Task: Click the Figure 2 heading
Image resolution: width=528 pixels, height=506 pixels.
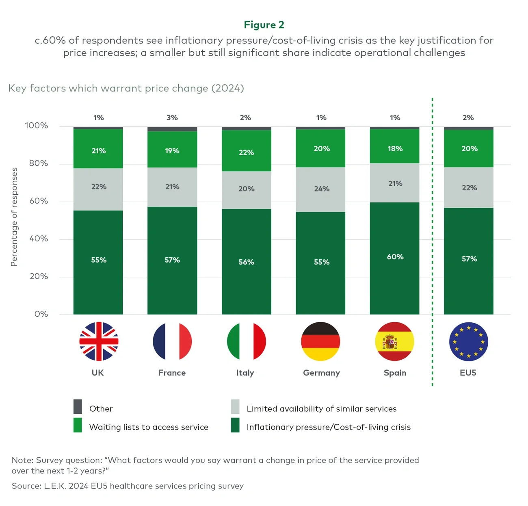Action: tap(264, 25)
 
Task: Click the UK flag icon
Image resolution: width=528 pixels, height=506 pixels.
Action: tap(99, 341)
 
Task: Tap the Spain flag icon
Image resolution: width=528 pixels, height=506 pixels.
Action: tap(394, 341)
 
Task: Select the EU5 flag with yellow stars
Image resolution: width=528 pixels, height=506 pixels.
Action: tap(468, 341)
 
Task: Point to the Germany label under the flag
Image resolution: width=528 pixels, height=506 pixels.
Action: tap(321, 373)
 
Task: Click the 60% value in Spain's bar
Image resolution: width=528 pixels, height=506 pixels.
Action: tap(395, 257)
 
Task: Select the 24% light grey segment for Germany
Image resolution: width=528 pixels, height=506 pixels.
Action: tap(321, 189)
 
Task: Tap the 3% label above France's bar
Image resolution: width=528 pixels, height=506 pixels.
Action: tap(172, 117)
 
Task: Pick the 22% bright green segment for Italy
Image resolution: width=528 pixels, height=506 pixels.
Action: tap(246, 152)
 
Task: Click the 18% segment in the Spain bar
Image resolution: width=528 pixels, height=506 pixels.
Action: tap(395, 149)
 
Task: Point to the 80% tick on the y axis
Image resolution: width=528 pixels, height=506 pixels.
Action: tap(39, 163)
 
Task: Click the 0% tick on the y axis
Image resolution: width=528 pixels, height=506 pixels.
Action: tap(41, 314)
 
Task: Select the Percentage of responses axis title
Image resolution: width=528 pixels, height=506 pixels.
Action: tap(14, 217)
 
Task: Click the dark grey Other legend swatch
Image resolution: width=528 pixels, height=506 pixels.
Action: tap(78, 406)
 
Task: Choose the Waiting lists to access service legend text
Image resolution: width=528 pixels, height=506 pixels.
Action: tap(149, 427)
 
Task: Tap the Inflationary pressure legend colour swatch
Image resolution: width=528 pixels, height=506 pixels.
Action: tap(235, 425)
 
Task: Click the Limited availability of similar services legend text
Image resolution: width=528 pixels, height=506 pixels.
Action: tap(321, 409)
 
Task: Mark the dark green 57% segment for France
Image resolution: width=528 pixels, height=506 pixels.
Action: tap(172, 260)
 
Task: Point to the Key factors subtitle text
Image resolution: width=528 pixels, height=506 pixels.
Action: tap(126, 88)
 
